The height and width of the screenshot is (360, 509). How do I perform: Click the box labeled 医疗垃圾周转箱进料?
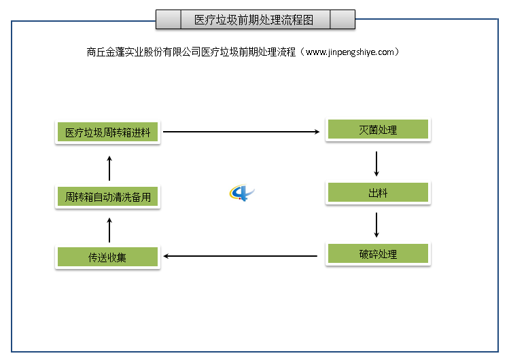coord(107,132)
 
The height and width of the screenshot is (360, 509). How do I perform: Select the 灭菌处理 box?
coord(377,130)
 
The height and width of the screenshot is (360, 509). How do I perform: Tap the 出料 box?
coord(377,193)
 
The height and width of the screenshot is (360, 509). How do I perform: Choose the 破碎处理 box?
coord(377,255)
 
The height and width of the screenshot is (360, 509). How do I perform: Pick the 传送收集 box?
coord(107,257)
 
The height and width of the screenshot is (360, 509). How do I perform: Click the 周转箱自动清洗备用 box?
coord(107,198)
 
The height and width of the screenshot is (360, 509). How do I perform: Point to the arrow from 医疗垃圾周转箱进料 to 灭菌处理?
coord(241,131)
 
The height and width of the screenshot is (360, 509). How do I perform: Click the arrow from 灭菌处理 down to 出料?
coord(376,163)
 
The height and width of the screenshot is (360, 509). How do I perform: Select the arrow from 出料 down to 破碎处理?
coord(376,224)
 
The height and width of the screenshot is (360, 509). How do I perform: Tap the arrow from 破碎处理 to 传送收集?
coord(241,256)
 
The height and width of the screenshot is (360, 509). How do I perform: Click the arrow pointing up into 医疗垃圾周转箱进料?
coord(109,167)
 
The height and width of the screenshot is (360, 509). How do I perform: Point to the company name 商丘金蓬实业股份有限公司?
coord(144,52)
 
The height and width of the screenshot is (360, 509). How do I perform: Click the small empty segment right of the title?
coord(342,20)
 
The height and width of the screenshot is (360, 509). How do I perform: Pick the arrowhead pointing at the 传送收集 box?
coord(167,256)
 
